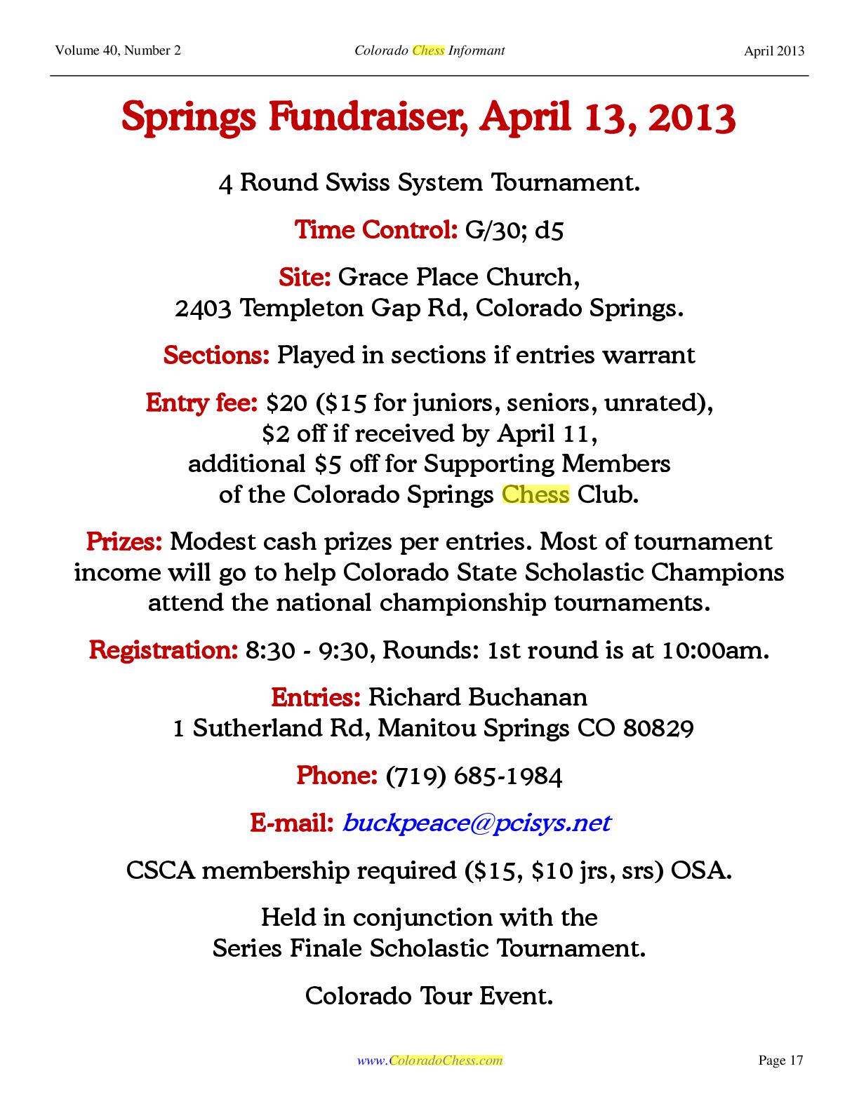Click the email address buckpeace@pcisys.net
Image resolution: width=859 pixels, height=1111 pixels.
click(476, 823)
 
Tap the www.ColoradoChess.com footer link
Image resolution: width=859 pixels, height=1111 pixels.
click(429, 1060)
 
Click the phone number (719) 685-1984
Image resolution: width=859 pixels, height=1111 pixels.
click(474, 776)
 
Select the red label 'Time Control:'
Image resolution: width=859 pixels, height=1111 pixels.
click(376, 230)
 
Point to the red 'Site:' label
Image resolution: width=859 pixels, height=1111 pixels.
click(305, 277)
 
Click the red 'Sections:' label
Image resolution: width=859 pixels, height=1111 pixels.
click(216, 355)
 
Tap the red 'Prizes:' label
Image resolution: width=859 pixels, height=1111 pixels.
click(124, 541)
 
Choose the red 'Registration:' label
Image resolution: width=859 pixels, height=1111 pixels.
click(164, 650)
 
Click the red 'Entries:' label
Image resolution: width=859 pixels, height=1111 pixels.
click(316, 697)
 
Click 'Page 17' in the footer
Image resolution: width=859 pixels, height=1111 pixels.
click(780, 1060)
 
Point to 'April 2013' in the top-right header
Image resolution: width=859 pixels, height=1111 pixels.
click(774, 50)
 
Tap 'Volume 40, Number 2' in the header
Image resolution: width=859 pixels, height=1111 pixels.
click(117, 50)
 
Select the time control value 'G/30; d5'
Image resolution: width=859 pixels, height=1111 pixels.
click(514, 230)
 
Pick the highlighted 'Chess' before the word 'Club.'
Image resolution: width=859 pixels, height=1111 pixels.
click(535, 494)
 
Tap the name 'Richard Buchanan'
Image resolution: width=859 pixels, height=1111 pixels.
click(478, 697)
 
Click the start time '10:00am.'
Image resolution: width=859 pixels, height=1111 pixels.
click(715, 650)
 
